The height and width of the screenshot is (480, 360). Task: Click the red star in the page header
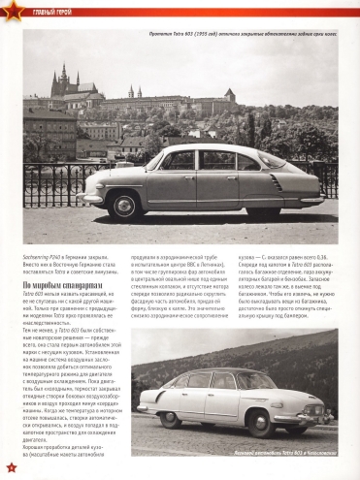tap(10, 11)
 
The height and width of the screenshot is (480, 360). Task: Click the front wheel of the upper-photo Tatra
tap(127, 205)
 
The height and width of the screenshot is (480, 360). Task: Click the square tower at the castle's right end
tap(230, 95)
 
